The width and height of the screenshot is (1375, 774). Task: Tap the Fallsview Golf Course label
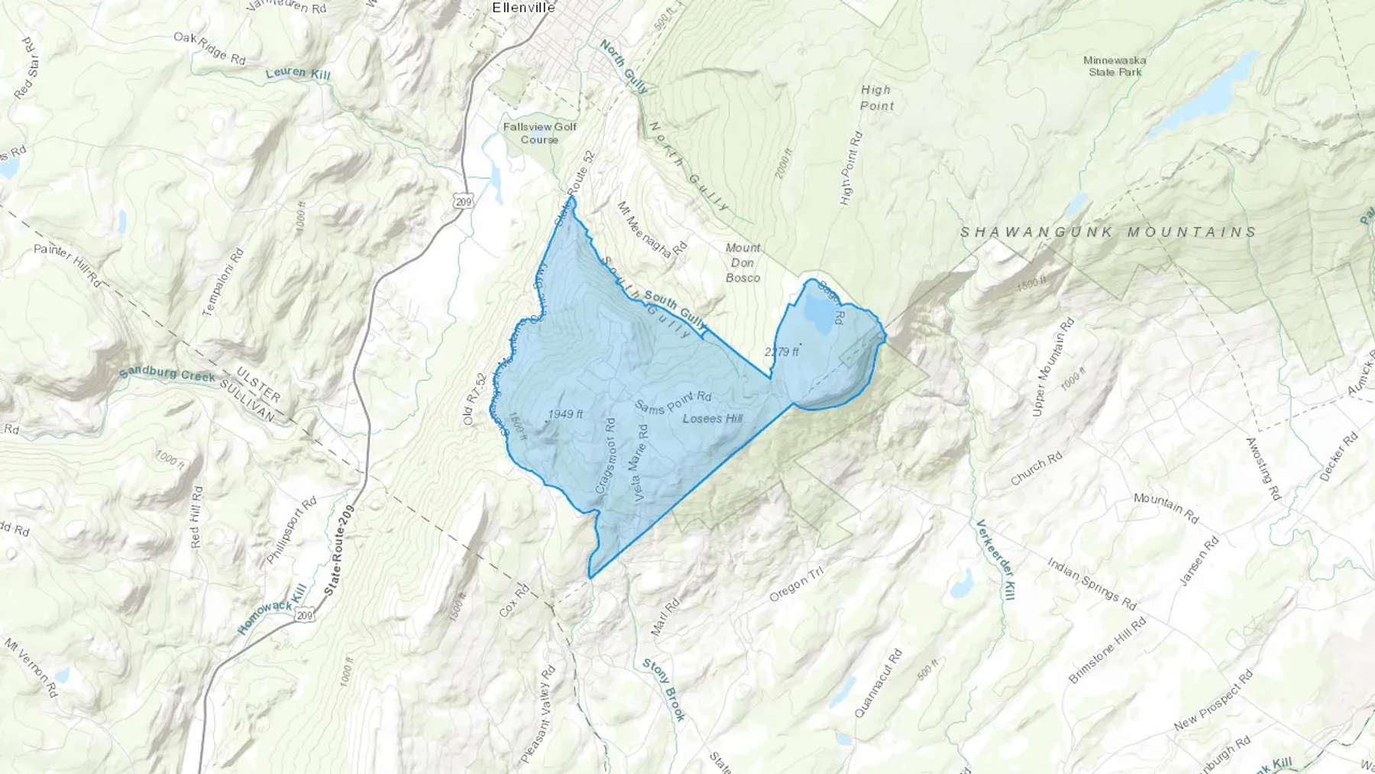tap(539, 133)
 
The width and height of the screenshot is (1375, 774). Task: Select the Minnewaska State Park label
tap(1115, 66)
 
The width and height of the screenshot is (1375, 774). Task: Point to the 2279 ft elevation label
tap(781, 351)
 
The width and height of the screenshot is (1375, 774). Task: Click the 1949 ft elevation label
tap(565, 414)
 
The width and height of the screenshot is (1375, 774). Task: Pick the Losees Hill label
tap(712, 418)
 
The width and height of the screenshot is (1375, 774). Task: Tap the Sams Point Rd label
tap(673, 402)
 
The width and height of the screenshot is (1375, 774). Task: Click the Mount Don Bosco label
tap(742, 262)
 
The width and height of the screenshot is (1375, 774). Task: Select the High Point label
tap(876, 98)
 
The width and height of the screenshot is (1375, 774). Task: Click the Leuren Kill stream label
tap(298, 73)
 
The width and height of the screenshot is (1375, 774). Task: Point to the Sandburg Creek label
tap(167, 374)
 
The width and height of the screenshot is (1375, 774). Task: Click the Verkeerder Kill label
tap(995, 559)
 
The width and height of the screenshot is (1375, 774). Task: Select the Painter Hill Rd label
tap(67, 266)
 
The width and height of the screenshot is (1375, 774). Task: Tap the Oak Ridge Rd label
tap(209, 47)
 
